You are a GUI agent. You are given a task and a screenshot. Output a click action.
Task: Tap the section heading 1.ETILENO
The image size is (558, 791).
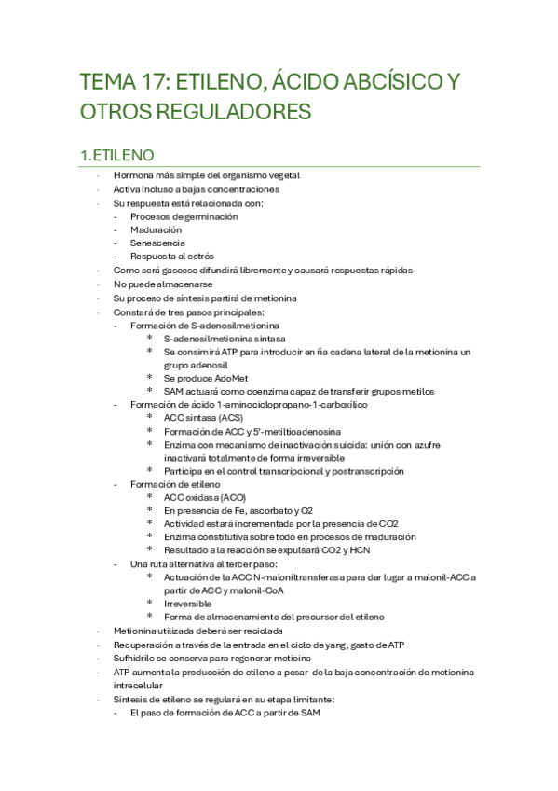pos(116,154)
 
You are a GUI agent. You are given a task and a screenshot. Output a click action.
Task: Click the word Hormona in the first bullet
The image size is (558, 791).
pos(131,175)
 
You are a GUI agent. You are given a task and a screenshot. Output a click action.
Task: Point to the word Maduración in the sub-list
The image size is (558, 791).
pos(156,229)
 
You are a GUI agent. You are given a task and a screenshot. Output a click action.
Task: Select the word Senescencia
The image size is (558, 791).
pos(157,243)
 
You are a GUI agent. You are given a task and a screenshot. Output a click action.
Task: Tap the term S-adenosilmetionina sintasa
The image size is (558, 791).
pos(225,338)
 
